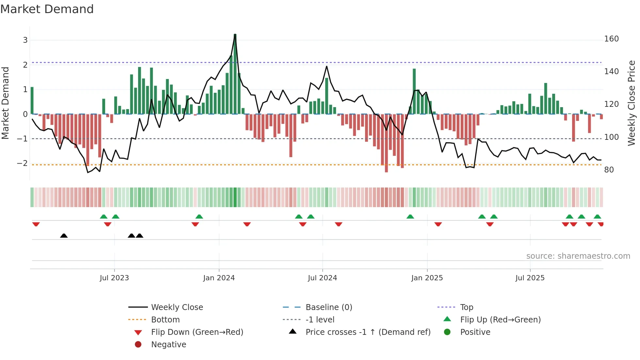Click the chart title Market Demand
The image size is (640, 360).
click(x=47, y=9)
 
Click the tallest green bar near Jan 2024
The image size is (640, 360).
click(x=235, y=74)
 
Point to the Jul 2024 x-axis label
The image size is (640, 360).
click(x=322, y=278)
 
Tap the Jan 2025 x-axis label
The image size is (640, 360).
click(x=427, y=278)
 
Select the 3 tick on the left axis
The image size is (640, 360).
click(x=25, y=40)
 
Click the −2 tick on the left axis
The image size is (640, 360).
click(x=23, y=163)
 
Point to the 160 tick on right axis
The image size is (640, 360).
click(x=611, y=39)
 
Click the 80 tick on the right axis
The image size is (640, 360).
click(x=609, y=170)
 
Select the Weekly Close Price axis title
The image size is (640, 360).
click(x=632, y=103)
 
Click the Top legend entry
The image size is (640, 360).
click(x=467, y=307)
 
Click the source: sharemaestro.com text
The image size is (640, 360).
click(x=578, y=256)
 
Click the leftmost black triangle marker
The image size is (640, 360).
click(x=64, y=236)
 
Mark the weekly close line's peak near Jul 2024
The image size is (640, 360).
click(x=327, y=67)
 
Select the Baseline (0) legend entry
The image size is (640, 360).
click(x=329, y=307)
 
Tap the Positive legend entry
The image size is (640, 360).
click(x=475, y=332)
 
